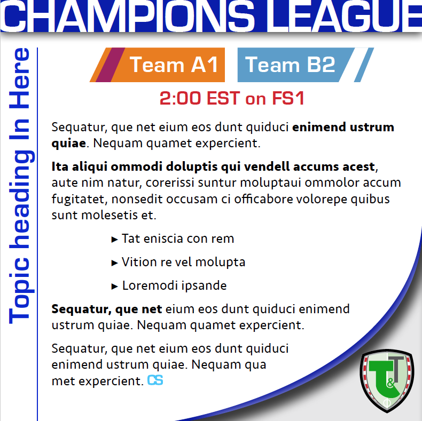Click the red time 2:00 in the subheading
[180, 98]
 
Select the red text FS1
[288, 98]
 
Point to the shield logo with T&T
[387, 380]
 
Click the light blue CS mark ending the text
[155, 380]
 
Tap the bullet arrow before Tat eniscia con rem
[115, 239]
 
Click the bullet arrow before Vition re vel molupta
[115, 263]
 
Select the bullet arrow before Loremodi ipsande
[115, 287]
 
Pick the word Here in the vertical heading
[19, 78]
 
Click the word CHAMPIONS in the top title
[127, 15]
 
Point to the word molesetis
[110, 215]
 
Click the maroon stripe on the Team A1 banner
[111, 65]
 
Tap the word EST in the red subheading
[223, 98]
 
